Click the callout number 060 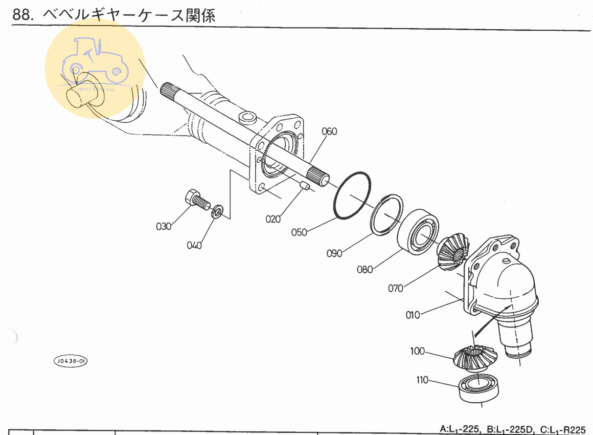329,132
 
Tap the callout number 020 273,219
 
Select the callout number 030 164,226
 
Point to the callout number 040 194,245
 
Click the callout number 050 299,232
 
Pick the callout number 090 334,253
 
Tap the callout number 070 396,288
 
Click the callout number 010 413,314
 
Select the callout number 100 417,351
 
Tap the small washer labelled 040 217,211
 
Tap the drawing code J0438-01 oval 70,361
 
